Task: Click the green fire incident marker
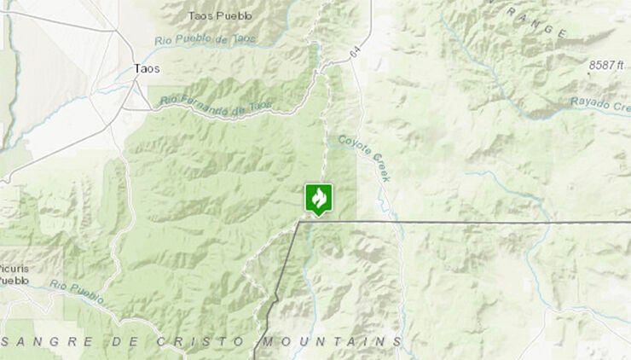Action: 319,200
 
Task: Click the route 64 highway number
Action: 354,54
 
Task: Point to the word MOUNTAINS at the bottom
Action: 330,341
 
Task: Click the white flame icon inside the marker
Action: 319,198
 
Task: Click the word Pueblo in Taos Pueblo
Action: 239,15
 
